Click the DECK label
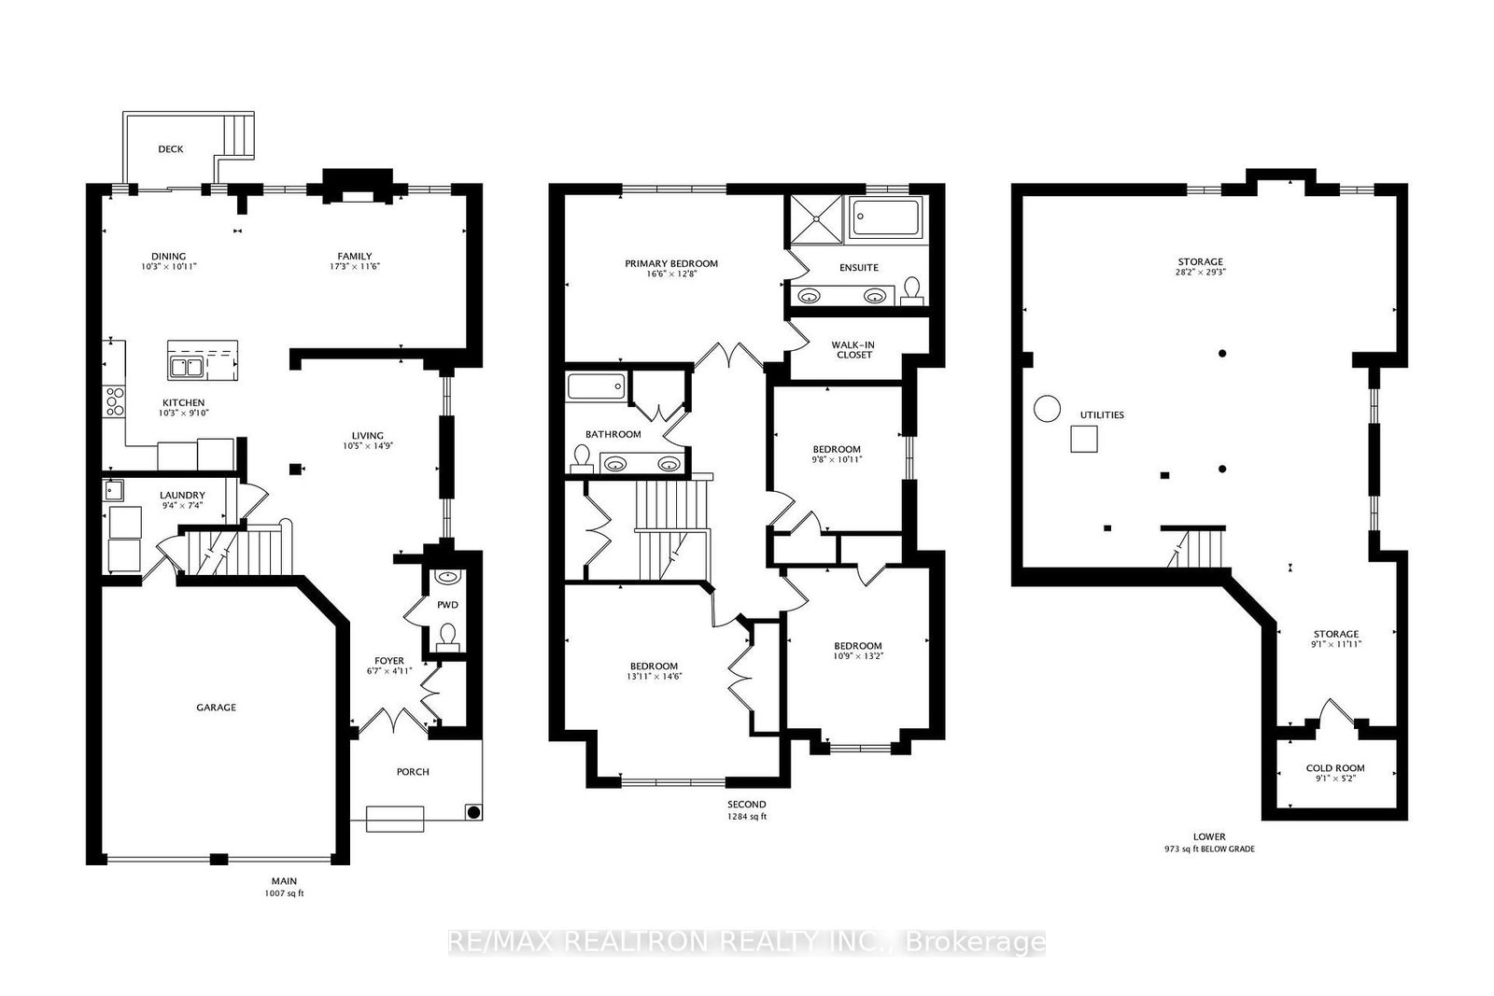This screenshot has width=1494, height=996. click(170, 149)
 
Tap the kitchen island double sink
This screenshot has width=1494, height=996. click(186, 366)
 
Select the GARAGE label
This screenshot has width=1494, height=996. click(216, 708)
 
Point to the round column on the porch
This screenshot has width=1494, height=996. click(473, 812)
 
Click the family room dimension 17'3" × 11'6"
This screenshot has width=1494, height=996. click(354, 267)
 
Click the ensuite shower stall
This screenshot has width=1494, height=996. click(816, 218)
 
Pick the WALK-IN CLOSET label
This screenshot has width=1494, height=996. click(853, 350)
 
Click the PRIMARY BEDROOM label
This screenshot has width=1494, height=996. click(670, 263)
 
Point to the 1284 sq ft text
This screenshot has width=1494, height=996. click(746, 817)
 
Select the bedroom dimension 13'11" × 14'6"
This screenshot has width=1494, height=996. click(654, 677)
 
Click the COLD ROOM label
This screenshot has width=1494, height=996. click(1334, 768)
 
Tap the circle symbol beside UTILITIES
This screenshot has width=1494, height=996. click(1047, 409)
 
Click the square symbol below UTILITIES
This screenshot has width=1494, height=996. click(1083, 439)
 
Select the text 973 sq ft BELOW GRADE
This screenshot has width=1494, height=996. click(1209, 849)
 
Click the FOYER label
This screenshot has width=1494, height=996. click(389, 660)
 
